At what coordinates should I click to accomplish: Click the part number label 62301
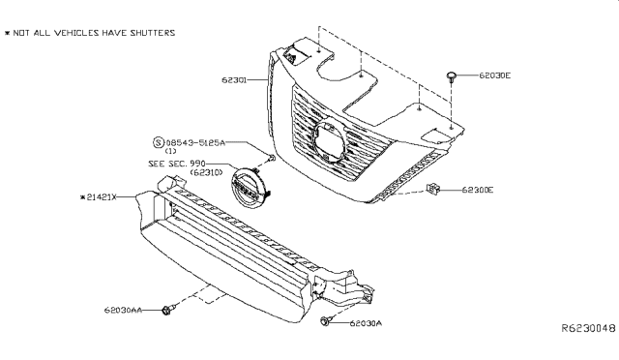click(x=234, y=79)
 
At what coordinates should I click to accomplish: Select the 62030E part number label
click(x=494, y=75)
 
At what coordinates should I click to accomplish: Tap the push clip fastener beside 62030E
click(x=452, y=76)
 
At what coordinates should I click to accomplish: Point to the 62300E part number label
click(x=478, y=190)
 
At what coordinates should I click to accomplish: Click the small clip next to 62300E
click(x=432, y=190)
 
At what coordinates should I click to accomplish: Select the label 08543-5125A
click(x=195, y=142)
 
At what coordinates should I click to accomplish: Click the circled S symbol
click(x=158, y=142)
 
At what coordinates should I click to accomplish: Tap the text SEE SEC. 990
click(x=177, y=164)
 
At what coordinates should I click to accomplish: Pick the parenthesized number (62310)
click(x=206, y=172)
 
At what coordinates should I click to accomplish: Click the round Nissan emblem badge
click(x=249, y=188)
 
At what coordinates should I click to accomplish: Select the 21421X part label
click(x=99, y=196)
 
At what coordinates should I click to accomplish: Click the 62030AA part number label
click(x=123, y=311)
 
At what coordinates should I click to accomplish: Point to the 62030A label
click(x=366, y=323)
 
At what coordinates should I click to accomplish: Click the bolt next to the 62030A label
click(x=326, y=321)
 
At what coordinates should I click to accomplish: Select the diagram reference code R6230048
click(x=589, y=328)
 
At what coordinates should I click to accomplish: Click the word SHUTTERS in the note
click(x=153, y=33)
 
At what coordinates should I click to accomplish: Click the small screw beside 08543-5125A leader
click(x=271, y=159)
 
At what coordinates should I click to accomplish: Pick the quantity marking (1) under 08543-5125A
click(x=170, y=151)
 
